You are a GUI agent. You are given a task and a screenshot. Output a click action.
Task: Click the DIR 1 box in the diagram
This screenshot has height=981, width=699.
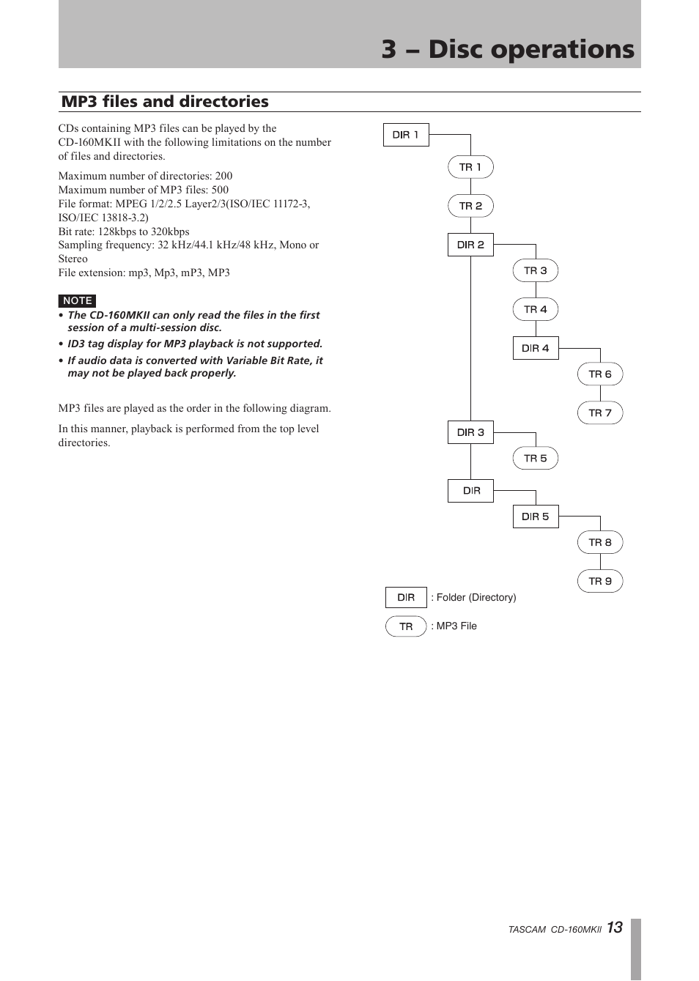(406, 135)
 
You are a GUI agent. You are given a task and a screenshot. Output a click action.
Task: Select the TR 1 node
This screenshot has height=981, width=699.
(470, 167)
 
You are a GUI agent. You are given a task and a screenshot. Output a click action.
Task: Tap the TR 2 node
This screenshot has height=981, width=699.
(470, 206)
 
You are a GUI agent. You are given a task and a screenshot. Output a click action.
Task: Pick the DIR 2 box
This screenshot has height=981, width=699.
(470, 245)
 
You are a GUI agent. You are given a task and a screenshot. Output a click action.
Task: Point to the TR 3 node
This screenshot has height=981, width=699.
(535, 270)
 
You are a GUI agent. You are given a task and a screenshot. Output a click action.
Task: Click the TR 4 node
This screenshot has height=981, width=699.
(535, 309)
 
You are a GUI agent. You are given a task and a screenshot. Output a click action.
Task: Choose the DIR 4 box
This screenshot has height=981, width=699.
(535, 348)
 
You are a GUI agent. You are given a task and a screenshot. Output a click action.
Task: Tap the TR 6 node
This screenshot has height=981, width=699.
(599, 374)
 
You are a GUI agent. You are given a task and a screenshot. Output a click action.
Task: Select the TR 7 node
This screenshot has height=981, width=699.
(599, 413)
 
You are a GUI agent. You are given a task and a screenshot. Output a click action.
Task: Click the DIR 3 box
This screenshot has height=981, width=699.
(470, 432)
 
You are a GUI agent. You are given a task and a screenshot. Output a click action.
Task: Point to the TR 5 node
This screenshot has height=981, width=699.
(535, 459)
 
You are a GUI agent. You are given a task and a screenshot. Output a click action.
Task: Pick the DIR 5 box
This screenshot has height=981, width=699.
(535, 517)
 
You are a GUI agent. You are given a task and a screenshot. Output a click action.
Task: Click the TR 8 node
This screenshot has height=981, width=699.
(599, 543)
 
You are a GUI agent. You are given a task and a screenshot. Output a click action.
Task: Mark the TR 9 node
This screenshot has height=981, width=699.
(599, 582)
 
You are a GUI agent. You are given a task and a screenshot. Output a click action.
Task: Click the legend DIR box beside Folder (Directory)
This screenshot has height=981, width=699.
(406, 598)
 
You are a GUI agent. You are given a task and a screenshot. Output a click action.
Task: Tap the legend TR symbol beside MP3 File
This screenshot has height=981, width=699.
(406, 626)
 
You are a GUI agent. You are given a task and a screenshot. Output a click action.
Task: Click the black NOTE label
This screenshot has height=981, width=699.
(77, 301)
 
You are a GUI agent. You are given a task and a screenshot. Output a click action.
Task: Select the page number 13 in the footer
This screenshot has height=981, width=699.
(614, 928)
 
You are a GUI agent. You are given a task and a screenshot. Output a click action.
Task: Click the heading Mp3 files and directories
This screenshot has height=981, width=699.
(165, 101)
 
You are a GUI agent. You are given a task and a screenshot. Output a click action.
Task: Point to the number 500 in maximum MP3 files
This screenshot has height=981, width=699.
(220, 190)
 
